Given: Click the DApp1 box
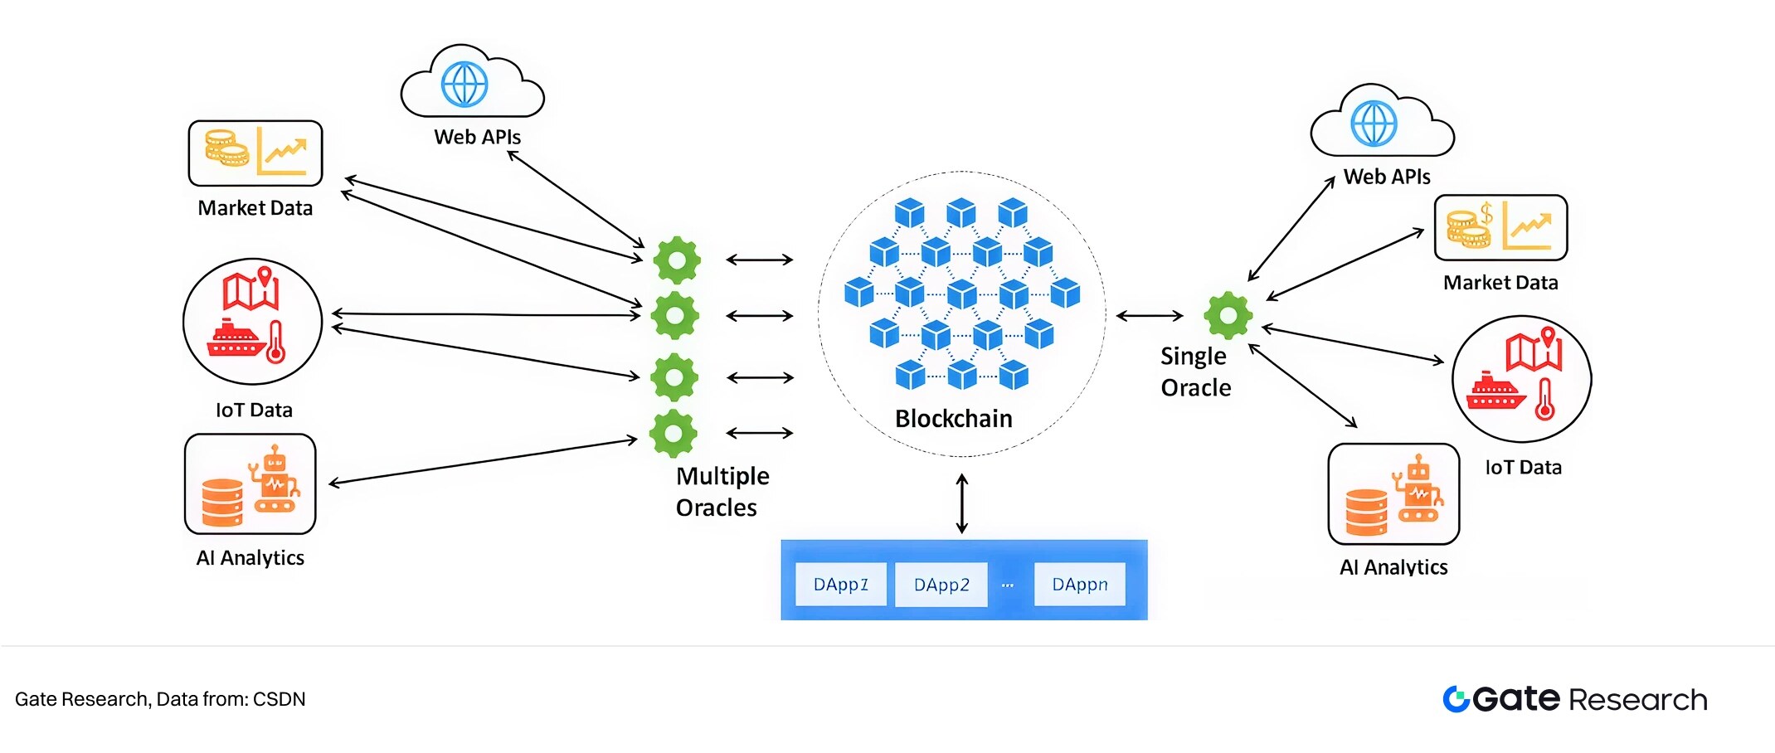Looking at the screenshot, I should pos(840,585).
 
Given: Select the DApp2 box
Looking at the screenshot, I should pos(941,585).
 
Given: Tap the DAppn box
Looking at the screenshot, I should pos(1079,585).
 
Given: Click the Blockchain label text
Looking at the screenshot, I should pos(953,419).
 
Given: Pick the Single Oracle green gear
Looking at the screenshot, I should pos(1228,315).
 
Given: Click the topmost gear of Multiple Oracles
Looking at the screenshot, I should pos(677,260).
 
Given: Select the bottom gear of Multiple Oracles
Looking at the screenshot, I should pos(673,433).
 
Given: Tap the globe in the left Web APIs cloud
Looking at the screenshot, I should pos(464,85).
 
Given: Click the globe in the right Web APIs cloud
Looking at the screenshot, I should pos(1374,124).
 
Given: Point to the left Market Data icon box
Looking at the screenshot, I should pos(255,153).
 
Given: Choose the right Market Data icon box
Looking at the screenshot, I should pos(1500,228).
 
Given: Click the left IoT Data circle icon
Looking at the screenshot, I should pos(252,321).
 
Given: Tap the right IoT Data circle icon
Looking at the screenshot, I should pos(1521,378).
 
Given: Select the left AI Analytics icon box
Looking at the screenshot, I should pos(250,484).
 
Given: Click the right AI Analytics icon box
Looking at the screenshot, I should pos(1393,494).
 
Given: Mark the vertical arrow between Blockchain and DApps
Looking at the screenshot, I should pos(961,503).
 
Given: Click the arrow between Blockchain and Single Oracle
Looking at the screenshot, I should pos(1149,315).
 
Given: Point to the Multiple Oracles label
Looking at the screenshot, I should pos(722,492).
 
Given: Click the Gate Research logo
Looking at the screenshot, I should pos(1574,699).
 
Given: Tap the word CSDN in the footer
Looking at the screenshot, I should pos(279,699).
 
